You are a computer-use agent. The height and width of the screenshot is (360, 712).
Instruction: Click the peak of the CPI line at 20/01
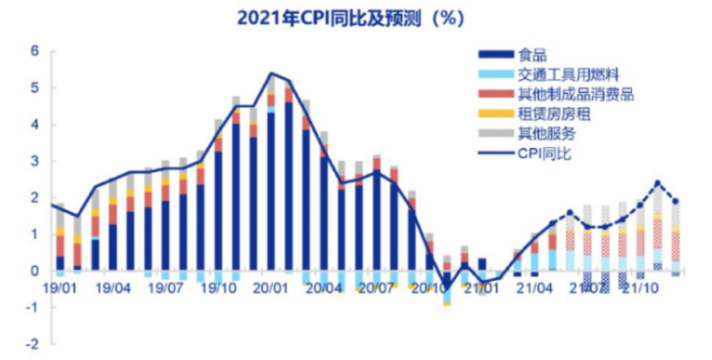tap(271, 73)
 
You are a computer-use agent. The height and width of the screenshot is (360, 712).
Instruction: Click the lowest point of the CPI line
tap(446, 287)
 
